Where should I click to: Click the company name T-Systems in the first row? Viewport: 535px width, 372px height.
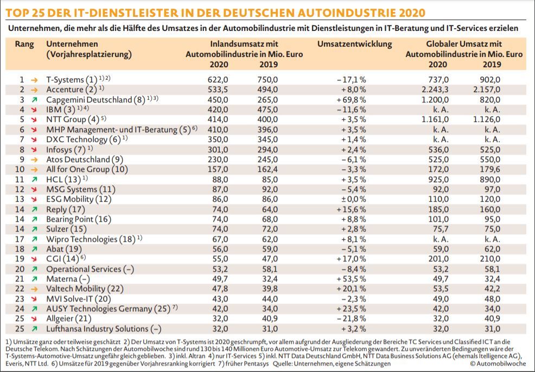[65, 79]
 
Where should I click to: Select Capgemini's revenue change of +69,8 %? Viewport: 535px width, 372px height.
[351, 100]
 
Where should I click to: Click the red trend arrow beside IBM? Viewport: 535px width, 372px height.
[35, 110]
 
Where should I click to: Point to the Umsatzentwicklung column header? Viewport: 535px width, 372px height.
[354, 44]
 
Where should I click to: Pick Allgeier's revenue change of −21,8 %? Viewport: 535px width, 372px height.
[351, 318]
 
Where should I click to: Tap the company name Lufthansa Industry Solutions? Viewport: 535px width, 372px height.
[97, 329]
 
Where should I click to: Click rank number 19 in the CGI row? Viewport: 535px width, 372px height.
[22, 259]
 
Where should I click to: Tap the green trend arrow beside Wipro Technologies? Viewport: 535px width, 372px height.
[35, 239]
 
